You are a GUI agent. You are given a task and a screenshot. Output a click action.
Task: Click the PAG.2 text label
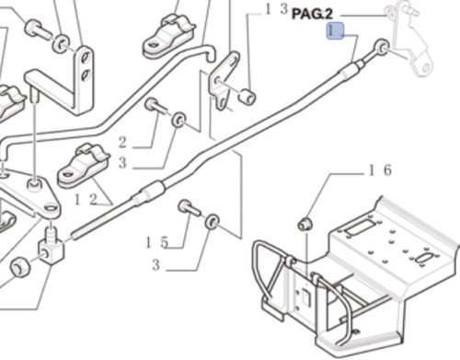[x=312, y=14]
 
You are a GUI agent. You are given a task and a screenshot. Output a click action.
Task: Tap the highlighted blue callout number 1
[x=335, y=31]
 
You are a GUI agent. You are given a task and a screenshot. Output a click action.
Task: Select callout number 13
[x=276, y=9]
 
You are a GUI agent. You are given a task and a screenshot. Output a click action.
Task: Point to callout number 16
[x=380, y=169]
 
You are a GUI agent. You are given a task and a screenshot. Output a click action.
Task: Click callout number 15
[x=156, y=242]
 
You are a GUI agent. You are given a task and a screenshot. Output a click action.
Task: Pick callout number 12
[x=86, y=200]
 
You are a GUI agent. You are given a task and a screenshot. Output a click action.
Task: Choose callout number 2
[x=122, y=143]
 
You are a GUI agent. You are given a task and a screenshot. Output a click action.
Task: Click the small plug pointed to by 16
[x=305, y=224]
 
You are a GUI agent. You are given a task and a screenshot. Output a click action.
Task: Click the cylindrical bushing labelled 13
[x=247, y=97]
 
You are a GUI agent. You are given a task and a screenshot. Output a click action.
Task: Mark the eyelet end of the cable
[x=382, y=47]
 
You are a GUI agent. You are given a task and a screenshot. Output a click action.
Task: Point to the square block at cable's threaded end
[x=51, y=250]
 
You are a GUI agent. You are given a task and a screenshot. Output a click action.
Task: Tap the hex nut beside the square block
[x=20, y=267]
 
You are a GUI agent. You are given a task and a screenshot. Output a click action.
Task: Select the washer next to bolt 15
[x=212, y=222]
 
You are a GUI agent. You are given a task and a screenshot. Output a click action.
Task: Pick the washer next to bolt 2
[x=178, y=120]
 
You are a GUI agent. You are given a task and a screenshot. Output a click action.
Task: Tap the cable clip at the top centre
[x=168, y=36]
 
